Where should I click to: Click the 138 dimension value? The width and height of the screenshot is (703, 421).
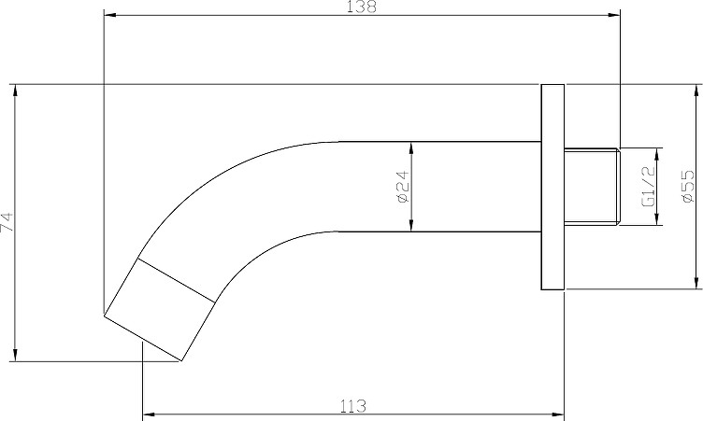click(363, 7)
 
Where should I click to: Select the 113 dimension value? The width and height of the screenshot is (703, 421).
click(352, 406)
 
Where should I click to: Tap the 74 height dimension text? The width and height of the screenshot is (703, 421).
click(7, 222)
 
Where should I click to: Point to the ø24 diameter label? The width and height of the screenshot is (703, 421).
click(403, 187)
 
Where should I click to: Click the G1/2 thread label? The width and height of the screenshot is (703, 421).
click(648, 187)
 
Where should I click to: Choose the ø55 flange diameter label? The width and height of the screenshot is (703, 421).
click(687, 187)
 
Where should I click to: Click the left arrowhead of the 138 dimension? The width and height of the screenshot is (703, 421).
click(110, 15)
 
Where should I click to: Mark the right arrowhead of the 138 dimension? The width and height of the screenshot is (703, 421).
click(614, 15)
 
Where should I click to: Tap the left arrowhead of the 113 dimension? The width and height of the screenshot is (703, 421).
click(149, 414)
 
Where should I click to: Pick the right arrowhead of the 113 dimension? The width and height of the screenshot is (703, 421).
click(558, 414)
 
